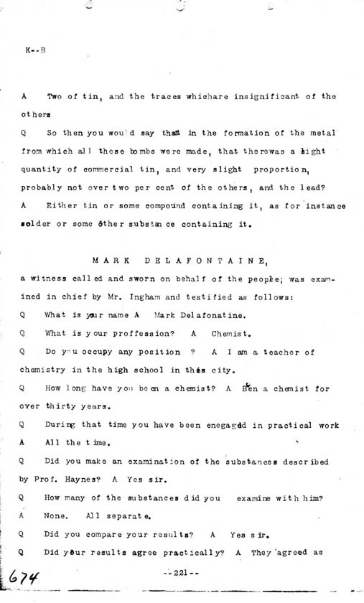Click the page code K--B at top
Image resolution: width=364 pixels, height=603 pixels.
(34, 51)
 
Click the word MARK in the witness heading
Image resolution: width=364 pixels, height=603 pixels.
(114, 263)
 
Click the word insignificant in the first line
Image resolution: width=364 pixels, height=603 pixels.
(275, 96)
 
